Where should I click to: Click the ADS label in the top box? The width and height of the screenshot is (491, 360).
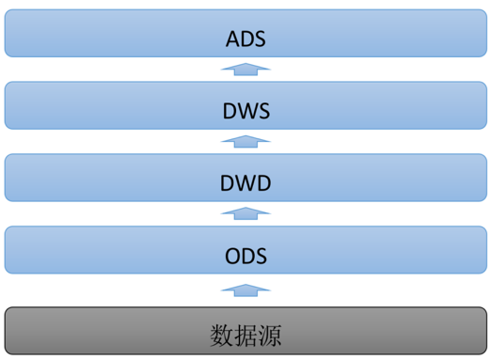point(246,39)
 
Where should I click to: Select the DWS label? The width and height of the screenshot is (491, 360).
point(246,111)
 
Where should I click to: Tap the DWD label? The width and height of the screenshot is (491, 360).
point(245,182)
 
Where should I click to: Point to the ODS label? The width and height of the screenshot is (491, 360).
point(246,255)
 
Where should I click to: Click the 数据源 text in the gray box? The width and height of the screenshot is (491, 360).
point(245,334)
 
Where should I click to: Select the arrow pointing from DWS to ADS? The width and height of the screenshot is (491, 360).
point(245,69)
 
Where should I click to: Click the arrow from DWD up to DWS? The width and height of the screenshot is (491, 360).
point(245,141)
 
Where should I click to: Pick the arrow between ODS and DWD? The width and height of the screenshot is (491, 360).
point(245,213)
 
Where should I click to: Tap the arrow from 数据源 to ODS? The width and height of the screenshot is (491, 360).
point(245,289)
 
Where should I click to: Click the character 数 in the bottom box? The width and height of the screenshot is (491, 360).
point(221,334)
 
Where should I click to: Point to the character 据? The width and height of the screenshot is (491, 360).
point(245,334)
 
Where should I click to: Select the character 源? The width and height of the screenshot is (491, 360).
point(270,334)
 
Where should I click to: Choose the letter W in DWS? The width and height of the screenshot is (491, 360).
point(246,111)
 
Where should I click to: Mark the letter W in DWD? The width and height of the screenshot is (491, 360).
point(245,182)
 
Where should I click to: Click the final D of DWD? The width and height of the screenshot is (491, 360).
point(263,182)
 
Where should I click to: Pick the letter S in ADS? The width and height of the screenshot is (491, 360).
point(261,39)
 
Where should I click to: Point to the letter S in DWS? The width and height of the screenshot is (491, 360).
point(263,111)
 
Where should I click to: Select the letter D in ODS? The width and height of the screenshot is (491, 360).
point(247,255)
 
